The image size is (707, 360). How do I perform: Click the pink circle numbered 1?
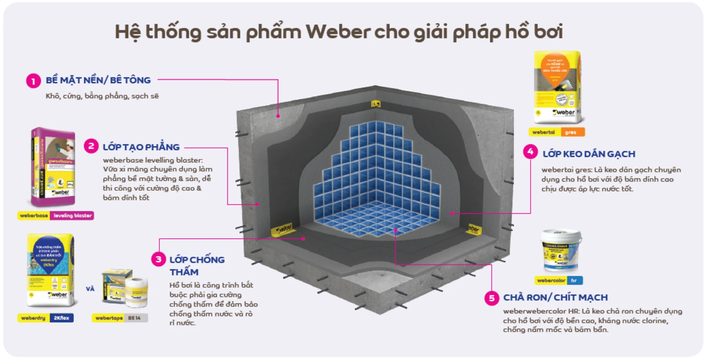(x=34, y=81)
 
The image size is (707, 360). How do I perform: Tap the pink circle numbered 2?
(x=91, y=146)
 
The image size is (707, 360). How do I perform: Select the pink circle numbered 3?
(x=158, y=259)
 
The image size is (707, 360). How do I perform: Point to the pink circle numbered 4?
(x=530, y=151)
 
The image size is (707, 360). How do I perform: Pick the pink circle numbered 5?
(x=492, y=298)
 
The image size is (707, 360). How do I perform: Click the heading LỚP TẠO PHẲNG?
(x=141, y=147)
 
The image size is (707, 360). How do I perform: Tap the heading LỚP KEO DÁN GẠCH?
(x=589, y=154)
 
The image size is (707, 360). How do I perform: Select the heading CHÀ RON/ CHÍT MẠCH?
(x=555, y=297)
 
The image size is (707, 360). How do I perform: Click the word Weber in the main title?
(x=337, y=32)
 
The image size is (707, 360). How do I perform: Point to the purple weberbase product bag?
(x=53, y=167)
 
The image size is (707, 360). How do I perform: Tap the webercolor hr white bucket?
(x=561, y=250)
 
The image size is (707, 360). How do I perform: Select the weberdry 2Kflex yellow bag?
(x=50, y=270)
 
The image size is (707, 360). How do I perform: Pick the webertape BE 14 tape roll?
(x=137, y=293)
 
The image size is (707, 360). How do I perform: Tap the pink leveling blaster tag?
(x=73, y=216)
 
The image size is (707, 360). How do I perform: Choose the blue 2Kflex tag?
(x=61, y=318)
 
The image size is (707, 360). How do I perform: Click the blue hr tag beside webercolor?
(x=574, y=280)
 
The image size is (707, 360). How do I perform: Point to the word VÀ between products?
(x=90, y=289)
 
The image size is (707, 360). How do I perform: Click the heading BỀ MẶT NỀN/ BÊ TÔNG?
(x=98, y=80)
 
